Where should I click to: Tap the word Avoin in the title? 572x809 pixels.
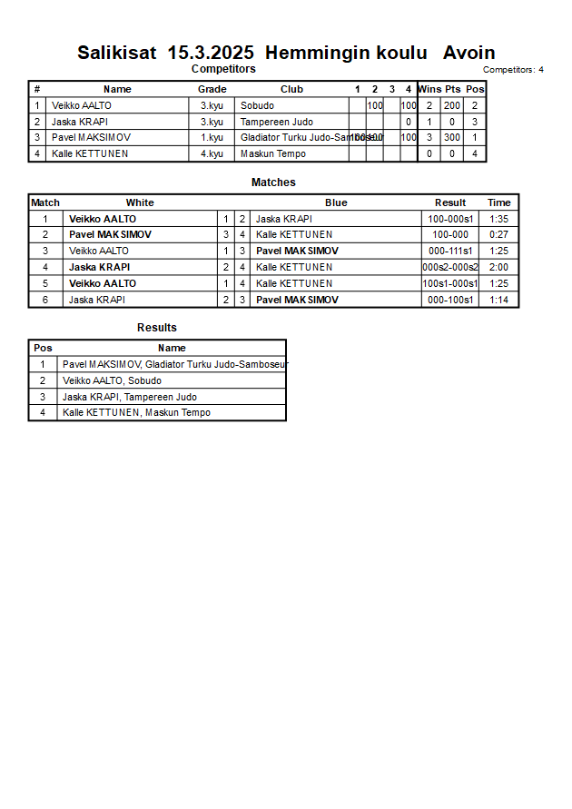click(468, 53)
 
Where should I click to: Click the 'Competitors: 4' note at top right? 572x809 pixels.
click(513, 70)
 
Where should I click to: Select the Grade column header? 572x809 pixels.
click(212, 89)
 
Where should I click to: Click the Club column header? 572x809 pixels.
click(291, 89)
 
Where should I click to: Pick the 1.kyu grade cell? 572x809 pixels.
click(212, 138)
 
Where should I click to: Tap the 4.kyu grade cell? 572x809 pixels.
click(212, 154)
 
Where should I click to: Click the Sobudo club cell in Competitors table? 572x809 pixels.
click(257, 106)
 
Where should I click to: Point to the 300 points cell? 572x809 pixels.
click(452, 138)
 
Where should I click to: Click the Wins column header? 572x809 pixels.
click(429, 89)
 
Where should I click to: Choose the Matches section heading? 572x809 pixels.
click(273, 183)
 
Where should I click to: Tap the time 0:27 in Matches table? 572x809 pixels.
click(498, 234)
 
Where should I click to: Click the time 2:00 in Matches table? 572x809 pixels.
click(498, 268)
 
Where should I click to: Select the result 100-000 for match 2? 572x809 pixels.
click(450, 234)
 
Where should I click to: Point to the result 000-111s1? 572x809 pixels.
click(450, 251)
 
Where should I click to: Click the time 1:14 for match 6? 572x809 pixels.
click(498, 300)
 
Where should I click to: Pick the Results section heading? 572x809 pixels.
click(157, 328)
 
